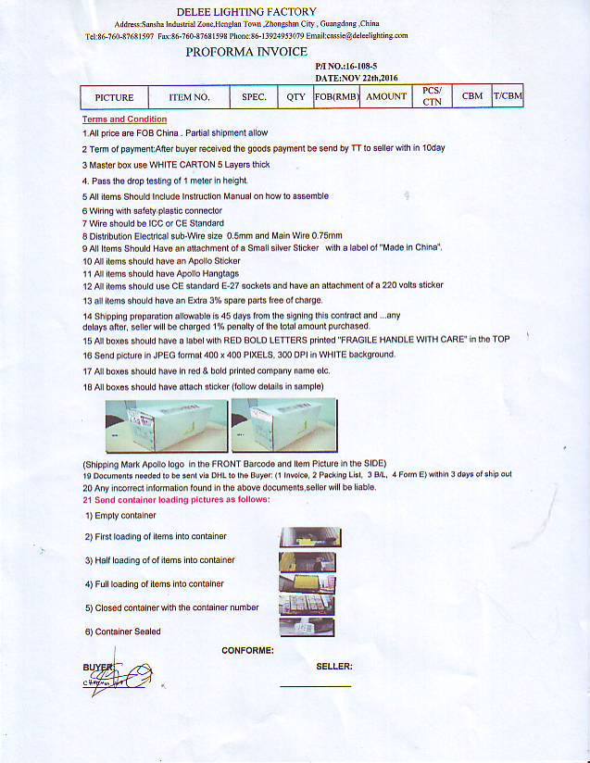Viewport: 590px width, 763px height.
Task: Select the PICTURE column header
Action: coord(114,97)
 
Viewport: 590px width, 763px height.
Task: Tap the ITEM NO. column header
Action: coord(189,97)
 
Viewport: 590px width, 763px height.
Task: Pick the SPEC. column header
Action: coord(254,97)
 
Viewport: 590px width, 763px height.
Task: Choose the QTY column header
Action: coord(295,97)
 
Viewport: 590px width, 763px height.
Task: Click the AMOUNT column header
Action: coord(386,97)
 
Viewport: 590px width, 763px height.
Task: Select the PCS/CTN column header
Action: coord(432,96)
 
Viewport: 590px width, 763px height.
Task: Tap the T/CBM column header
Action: coord(508,96)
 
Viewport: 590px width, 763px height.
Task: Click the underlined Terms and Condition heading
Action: coord(124,119)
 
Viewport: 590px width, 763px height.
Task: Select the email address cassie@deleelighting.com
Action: coord(369,35)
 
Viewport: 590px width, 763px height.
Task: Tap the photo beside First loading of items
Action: coord(307,536)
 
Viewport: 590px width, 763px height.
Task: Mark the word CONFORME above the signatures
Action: coord(247,651)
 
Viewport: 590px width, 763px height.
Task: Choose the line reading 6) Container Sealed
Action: coord(122,632)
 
